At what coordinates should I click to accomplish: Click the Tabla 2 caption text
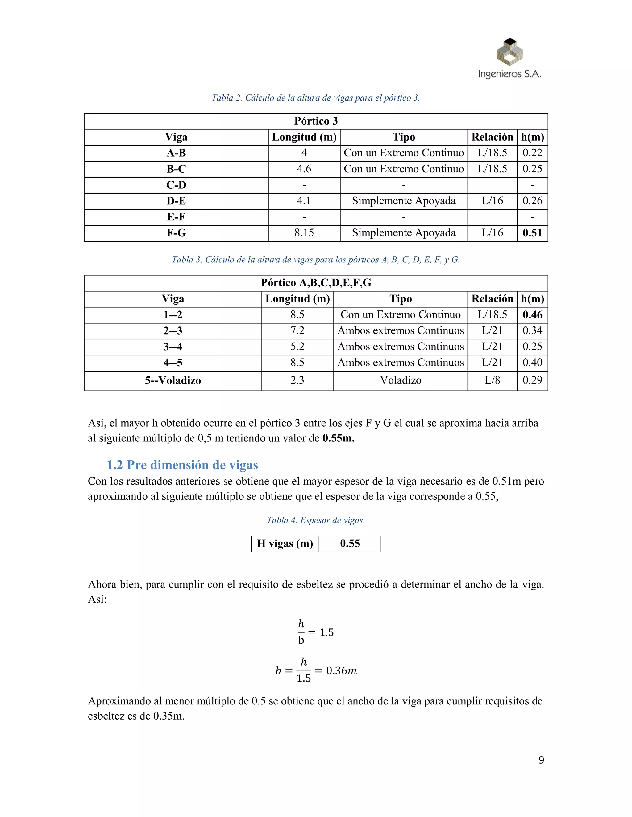(316, 98)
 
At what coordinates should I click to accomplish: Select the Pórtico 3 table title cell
(316, 121)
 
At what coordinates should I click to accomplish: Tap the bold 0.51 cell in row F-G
(532, 233)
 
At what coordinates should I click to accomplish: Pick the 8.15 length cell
(304, 233)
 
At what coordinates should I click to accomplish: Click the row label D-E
(176, 201)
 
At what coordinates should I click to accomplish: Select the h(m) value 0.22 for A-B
(532, 153)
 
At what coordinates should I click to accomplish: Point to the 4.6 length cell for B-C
(304, 169)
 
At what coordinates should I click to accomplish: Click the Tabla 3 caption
(316, 260)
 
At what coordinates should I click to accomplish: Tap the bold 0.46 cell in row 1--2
(532, 315)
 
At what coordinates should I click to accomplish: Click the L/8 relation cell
(492, 380)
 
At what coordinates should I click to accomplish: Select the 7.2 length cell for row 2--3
(297, 331)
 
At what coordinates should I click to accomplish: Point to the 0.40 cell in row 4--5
(532, 363)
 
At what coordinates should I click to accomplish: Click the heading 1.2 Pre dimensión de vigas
(182, 465)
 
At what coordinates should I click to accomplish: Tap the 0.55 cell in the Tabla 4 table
(350, 544)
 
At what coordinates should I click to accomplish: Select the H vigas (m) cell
(285, 544)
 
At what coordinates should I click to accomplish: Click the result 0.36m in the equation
(341, 671)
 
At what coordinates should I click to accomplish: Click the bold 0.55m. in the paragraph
(338, 438)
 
